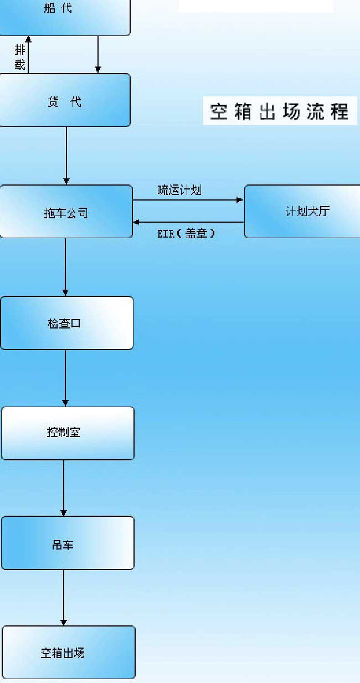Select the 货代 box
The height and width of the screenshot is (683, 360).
(64, 100)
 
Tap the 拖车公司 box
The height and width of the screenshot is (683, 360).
(66, 212)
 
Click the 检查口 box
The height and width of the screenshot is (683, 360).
(66, 323)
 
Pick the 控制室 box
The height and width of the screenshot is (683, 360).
(67, 433)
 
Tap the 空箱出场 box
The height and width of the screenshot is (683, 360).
(68, 652)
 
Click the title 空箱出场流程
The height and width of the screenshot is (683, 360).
(280, 111)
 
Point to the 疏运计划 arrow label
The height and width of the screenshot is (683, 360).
(179, 191)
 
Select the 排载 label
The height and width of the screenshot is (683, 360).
(20, 57)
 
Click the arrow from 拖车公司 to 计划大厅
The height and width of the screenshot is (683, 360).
(188, 200)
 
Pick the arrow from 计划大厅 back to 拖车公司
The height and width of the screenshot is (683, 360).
(188, 222)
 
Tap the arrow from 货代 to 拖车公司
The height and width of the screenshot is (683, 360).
(66, 156)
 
